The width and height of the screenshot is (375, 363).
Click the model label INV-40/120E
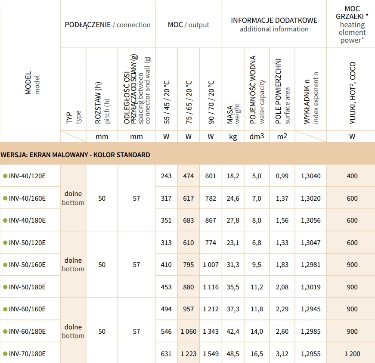coord(27,176)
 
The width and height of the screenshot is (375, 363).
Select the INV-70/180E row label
coord(27,354)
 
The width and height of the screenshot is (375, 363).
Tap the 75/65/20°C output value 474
coord(188,176)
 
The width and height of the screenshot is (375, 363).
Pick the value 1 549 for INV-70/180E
coord(211,354)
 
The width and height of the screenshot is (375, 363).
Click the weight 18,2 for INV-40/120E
coord(233,176)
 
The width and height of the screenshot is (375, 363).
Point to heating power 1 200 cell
coord(352,354)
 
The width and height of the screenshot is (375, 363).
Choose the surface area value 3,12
coord(282,354)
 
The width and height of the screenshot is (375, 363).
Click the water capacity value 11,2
coord(257,287)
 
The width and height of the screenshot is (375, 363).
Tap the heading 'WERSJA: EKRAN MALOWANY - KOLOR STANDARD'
coord(76,155)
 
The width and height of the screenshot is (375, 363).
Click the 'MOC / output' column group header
coord(188,25)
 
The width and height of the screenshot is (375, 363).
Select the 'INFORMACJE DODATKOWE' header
coord(274,21)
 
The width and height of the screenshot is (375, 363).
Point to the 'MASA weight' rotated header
coord(233,114)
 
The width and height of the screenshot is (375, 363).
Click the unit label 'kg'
coord(233,137)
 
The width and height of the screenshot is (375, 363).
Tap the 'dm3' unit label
coord(257,137)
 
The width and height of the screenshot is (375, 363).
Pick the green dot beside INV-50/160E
coord(5,265)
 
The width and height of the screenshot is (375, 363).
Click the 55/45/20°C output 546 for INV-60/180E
coord(166,332)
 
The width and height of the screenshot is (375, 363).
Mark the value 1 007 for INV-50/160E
coord(211,265)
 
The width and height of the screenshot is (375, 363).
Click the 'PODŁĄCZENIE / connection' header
coord(108,25)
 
